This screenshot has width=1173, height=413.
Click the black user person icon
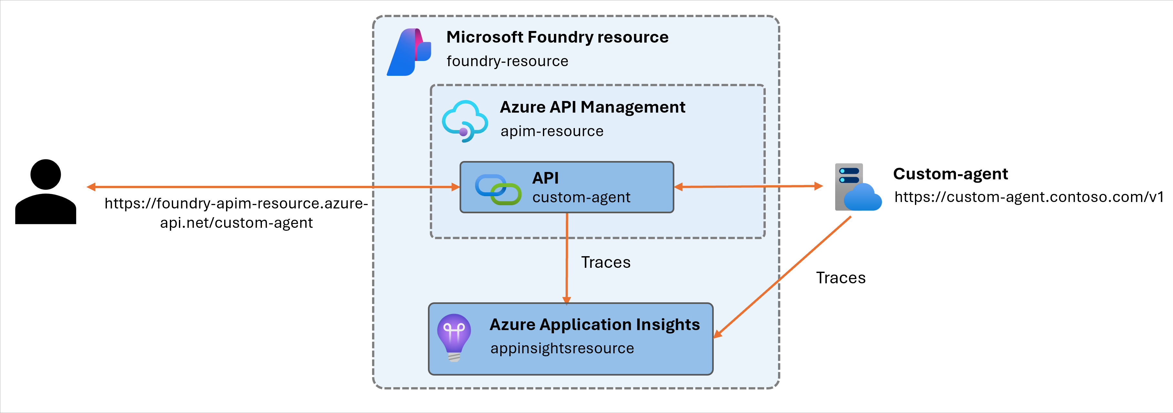[46, 192]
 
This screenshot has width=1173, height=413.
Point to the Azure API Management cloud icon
[464, 121]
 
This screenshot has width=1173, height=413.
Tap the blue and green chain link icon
[498, 189]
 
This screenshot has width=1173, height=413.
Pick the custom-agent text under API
[581, 198]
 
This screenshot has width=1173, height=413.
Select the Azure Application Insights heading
[594, 325]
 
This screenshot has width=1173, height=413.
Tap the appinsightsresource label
[562, 348]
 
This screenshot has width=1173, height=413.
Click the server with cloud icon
[856, 187]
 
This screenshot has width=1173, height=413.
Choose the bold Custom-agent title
[950, 174]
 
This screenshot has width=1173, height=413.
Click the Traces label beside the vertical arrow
[606, 262]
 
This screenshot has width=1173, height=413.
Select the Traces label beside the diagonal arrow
[841, 278]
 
